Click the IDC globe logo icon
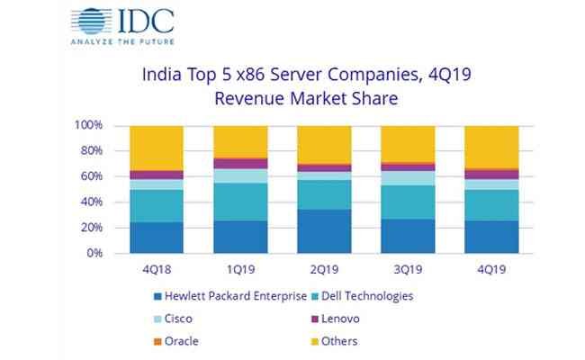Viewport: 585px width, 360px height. tap(91, 21)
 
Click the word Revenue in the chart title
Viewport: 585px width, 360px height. tap(249, 99)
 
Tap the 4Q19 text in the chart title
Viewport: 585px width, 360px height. tap(450, 74)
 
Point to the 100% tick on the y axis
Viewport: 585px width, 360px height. tap(88, 125)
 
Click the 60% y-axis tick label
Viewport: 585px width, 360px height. tap(92, 176)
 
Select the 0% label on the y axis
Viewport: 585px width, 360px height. tap(94, 253)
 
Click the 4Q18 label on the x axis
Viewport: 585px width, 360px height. tap(157, 269)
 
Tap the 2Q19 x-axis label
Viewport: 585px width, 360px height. tap(324, 269)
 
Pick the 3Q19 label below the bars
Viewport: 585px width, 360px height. tap(408, 269)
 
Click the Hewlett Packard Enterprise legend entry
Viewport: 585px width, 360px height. tap(230, 296)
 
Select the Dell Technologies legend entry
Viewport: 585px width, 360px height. tap(363, 296)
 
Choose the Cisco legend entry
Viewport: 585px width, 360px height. tap(174, 319)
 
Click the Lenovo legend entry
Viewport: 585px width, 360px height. tap(336, 319)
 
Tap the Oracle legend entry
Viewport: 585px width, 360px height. tap(176, 341)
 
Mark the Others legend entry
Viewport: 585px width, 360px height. tap(335, 341)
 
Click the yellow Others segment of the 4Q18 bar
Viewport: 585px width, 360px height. tap(157, 148)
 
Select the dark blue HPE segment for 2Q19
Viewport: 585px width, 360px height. tap(324, 231)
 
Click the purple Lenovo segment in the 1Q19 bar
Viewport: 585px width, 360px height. tap(240, 164)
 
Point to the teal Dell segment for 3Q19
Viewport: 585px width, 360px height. tap(408, 202)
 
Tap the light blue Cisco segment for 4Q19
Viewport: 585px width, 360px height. tap(491, 184)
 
